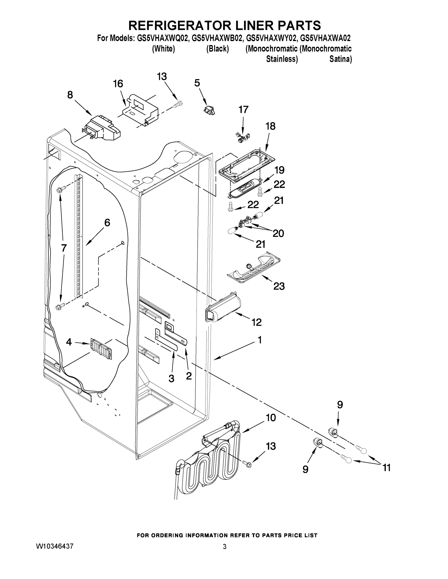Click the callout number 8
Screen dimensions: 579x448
click(x=70, y=95)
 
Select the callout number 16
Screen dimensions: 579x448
click(x=118, y=84)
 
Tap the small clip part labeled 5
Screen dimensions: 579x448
click(x=209, y=110)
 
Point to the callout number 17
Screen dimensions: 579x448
click(x=243, y=110)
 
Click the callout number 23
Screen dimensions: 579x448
click(x=279, y=286)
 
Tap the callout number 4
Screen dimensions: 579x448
click(x=69, y=342)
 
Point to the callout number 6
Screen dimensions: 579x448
click(x=107, y=223)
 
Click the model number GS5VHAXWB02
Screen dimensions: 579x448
click(x=217, y=38)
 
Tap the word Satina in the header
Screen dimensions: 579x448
click(x=341, y=59)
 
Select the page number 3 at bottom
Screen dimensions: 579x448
click(x=225, y=547)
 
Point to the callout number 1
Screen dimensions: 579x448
click(x=260, y=340)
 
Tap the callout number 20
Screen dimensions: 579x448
click(x=278, y=233)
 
